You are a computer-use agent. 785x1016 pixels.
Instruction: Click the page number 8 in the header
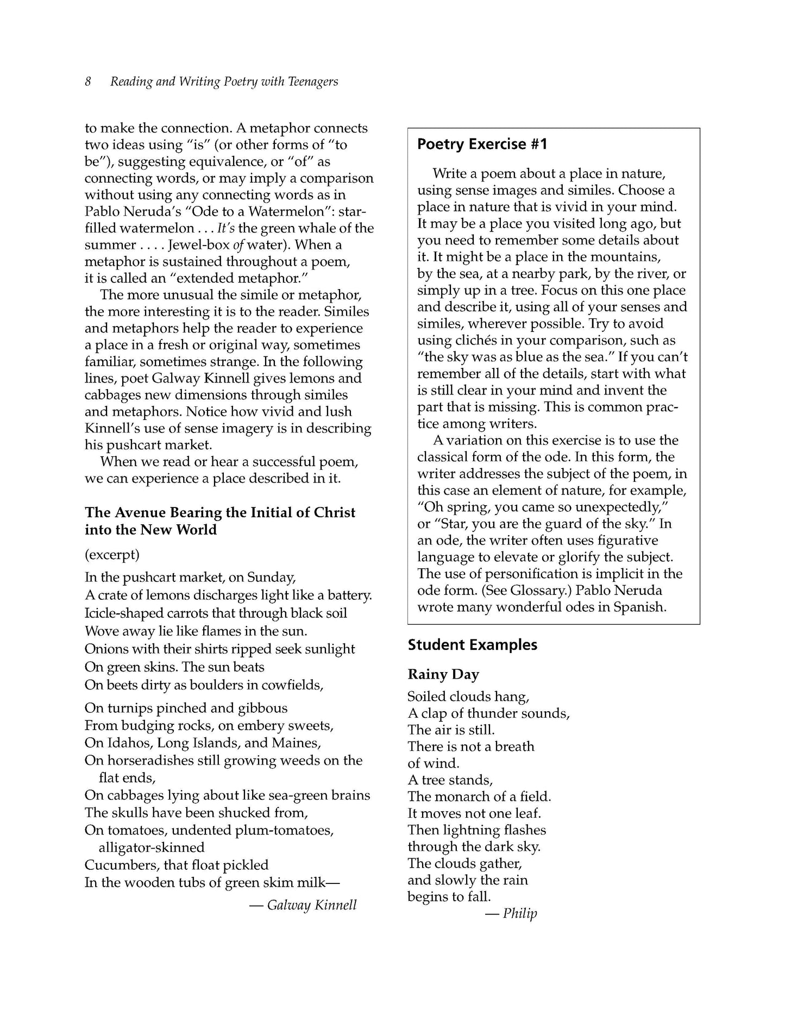88,81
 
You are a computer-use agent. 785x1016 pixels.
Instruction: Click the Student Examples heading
473,645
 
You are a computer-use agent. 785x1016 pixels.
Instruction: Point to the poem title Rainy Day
443,674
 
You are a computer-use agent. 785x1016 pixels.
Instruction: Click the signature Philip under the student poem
519,913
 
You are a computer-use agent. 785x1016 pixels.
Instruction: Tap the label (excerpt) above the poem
112,555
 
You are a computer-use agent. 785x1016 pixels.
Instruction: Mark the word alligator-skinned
152,848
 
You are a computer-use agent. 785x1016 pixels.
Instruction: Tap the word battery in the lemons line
350,595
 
